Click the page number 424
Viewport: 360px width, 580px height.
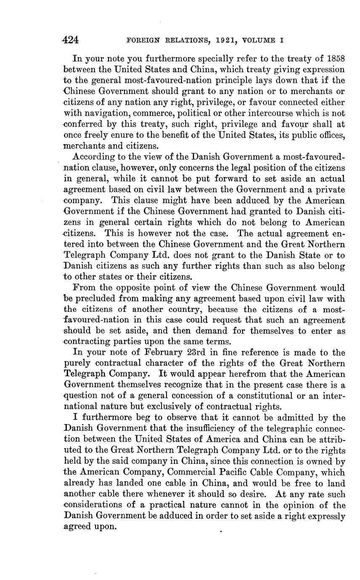pos(70,40)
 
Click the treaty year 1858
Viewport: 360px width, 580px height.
pos(335,58)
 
